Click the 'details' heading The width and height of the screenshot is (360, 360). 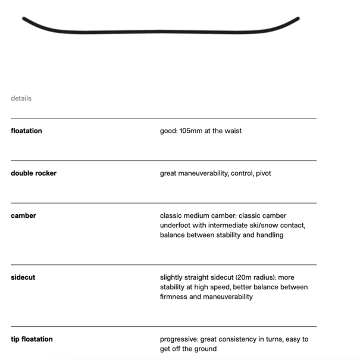point(21,98)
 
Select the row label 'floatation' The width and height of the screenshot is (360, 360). point(26,131)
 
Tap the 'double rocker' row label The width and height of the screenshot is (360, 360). point(33,173)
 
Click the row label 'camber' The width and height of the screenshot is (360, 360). point(23,215)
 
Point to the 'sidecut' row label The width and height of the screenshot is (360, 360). point(23,277)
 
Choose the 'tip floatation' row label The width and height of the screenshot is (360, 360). point(32,339)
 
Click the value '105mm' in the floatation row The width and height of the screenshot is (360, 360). point(192,131)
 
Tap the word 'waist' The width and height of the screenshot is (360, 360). point(232,131)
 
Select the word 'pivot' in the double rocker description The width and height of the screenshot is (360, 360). point(262,173)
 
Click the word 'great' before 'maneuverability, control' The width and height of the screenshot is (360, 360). point(170,173)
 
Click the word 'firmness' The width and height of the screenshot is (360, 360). point(174,297)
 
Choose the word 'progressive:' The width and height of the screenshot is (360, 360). point(181,339)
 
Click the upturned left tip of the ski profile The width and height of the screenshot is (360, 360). point(25,19)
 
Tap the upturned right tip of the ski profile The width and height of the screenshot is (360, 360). point(296,19)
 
